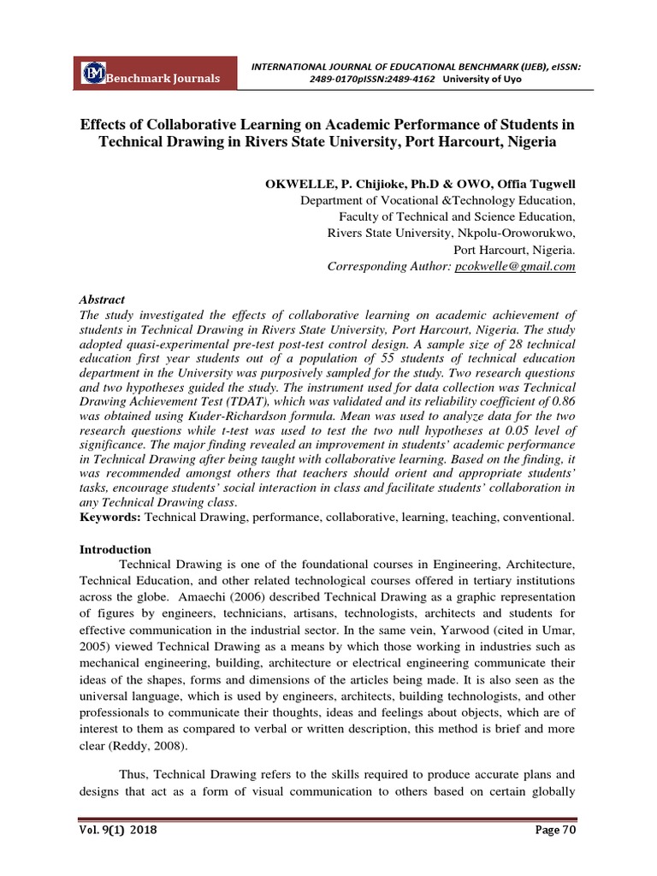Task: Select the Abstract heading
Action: pos(102,300)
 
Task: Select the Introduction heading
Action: pos(115,549)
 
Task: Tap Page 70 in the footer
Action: pos(553,830)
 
